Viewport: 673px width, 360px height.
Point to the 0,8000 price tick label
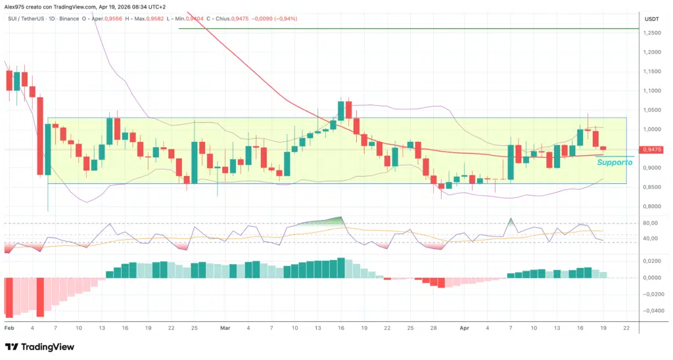(x=652, y=206)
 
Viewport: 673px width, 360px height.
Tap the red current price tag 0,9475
(x=652, y=150)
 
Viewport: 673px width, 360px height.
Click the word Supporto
(x=614, y=162)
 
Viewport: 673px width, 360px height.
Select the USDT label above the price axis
(x=651, y=19)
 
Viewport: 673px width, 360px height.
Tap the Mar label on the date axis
(x=225, y=326)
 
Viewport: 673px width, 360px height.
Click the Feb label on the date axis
(x=9, y=326)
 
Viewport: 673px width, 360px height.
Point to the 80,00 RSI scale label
(x=651, y=223)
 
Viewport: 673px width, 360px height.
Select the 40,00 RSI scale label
(x=651, y=238)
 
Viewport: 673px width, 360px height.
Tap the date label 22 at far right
(x=626, y=326)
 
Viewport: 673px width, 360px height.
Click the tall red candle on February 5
(x=40, y=136)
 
